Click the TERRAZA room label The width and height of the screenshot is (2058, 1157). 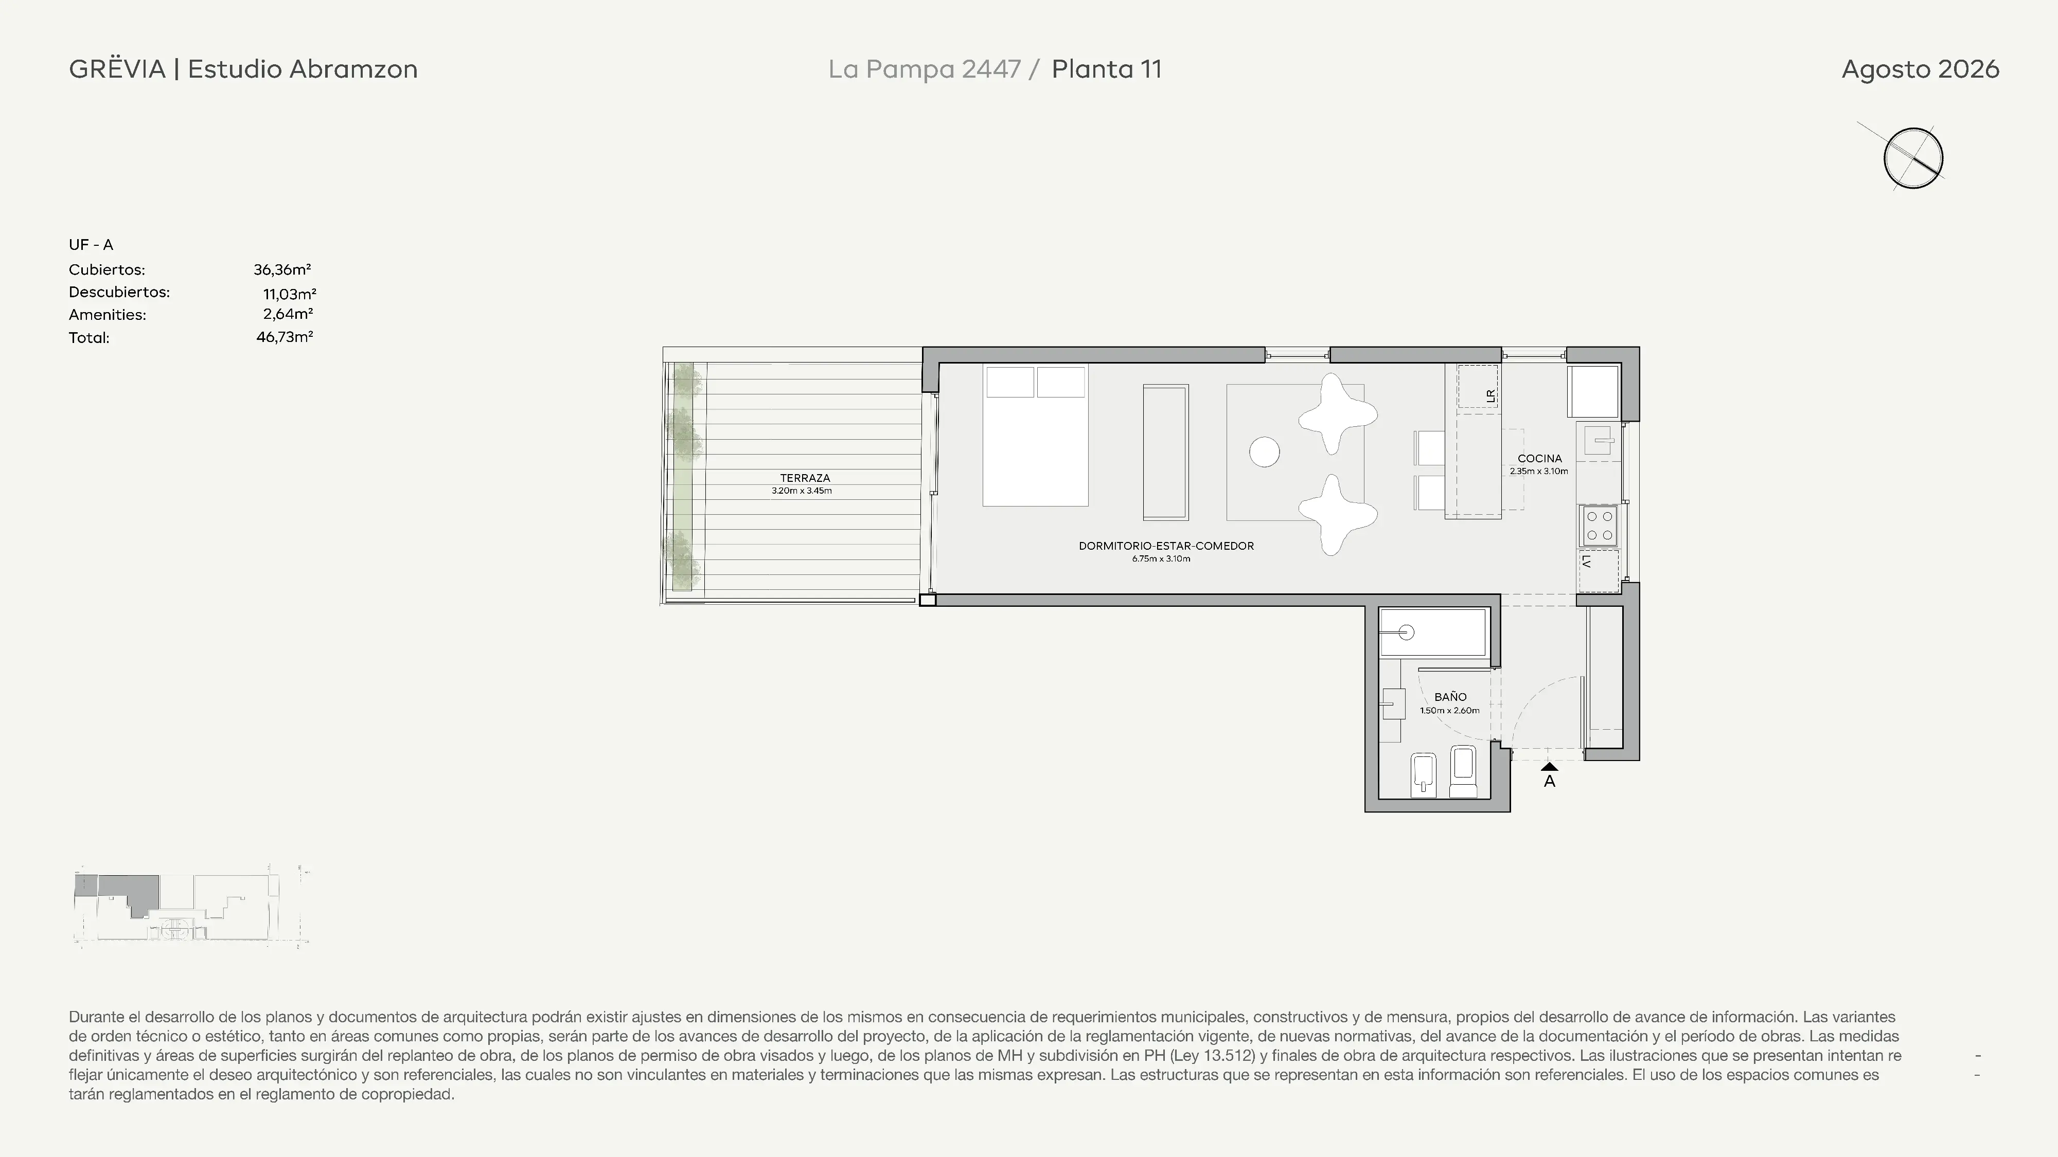805,478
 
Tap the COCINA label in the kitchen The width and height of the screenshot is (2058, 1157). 1539,458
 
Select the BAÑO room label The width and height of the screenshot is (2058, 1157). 1450,696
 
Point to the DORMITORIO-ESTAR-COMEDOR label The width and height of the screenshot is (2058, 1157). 1166,546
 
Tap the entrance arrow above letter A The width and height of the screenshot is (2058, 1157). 1549,767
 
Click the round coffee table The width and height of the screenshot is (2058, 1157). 1264,452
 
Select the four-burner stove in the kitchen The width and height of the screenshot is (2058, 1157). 1599,526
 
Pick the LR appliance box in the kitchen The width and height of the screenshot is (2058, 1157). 1477,387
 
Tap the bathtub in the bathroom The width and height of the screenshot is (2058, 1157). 1433,633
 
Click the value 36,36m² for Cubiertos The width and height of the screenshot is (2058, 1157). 282,270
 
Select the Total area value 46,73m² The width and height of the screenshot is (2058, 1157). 285,337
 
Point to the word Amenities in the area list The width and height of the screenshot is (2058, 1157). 107,315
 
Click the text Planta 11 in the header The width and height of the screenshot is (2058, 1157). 1107,69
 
